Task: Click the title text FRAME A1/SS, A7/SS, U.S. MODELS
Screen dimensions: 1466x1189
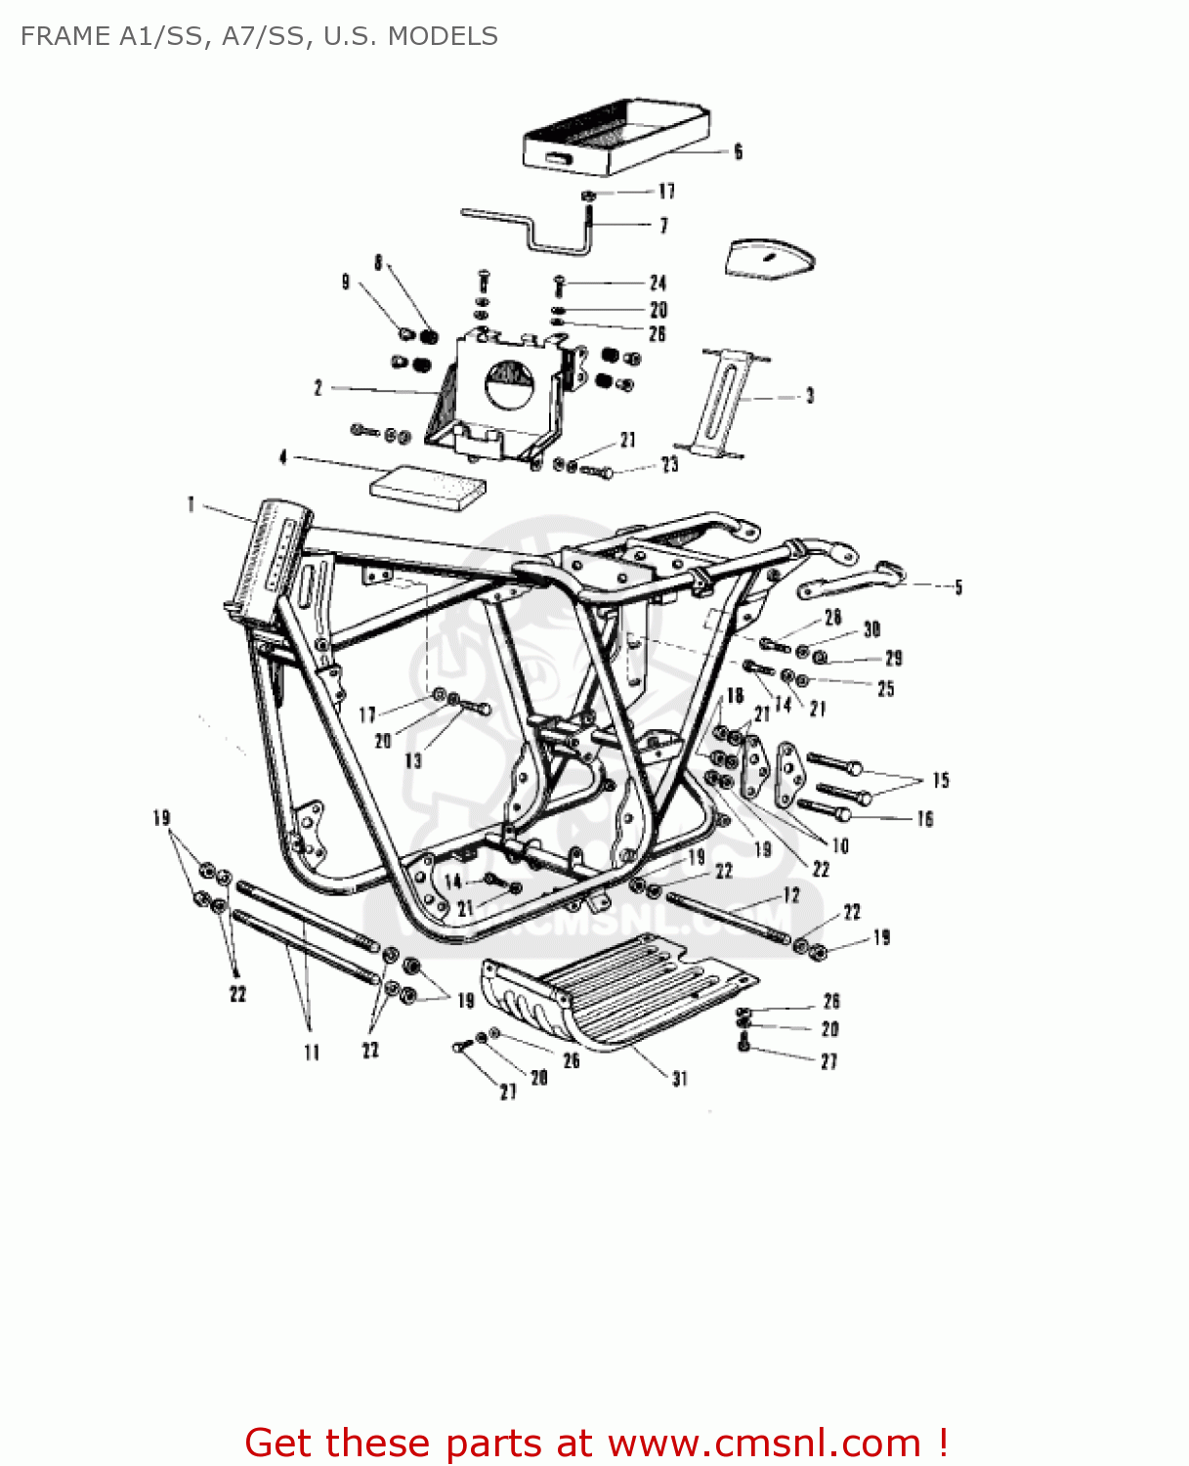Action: pyautogui.click(x=259, y=36)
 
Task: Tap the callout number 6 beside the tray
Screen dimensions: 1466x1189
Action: pyautogui.click(x=738, y=151)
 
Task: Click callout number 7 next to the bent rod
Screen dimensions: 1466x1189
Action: pyautogui.click(x=664, y=226)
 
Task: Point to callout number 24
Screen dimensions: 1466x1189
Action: pyautogui.click(x=658, y=283)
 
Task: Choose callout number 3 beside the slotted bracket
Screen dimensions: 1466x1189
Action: pyautogui.click(x=809, y=396)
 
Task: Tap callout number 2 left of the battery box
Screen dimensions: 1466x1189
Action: pyautogui.click(x=318, y=388)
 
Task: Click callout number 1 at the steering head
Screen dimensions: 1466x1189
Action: pyautogui.click(x=191, y=504)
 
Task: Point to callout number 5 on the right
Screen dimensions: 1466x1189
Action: pyautogui.click(x=958, y=587)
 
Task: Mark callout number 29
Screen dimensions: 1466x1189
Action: pyautogui.click(x=893, y=659)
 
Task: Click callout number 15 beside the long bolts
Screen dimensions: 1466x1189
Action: pyautogui.click(x=940, y=780)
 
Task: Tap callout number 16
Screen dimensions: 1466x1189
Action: pyautogui.click(x=924, y=819)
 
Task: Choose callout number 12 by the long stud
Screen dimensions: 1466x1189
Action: pyautogui.click(x=791, y=895)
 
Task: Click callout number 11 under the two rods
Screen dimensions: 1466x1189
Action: pyautogui.click(x=312, y=1053)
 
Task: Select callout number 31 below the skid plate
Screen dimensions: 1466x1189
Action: pyautogui.click(x=679, y=1078)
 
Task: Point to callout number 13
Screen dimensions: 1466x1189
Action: pyautogui.click(x=413, y=760)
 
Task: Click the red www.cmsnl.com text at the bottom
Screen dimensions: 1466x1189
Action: pyautogui.click(x=764, y=1443)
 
